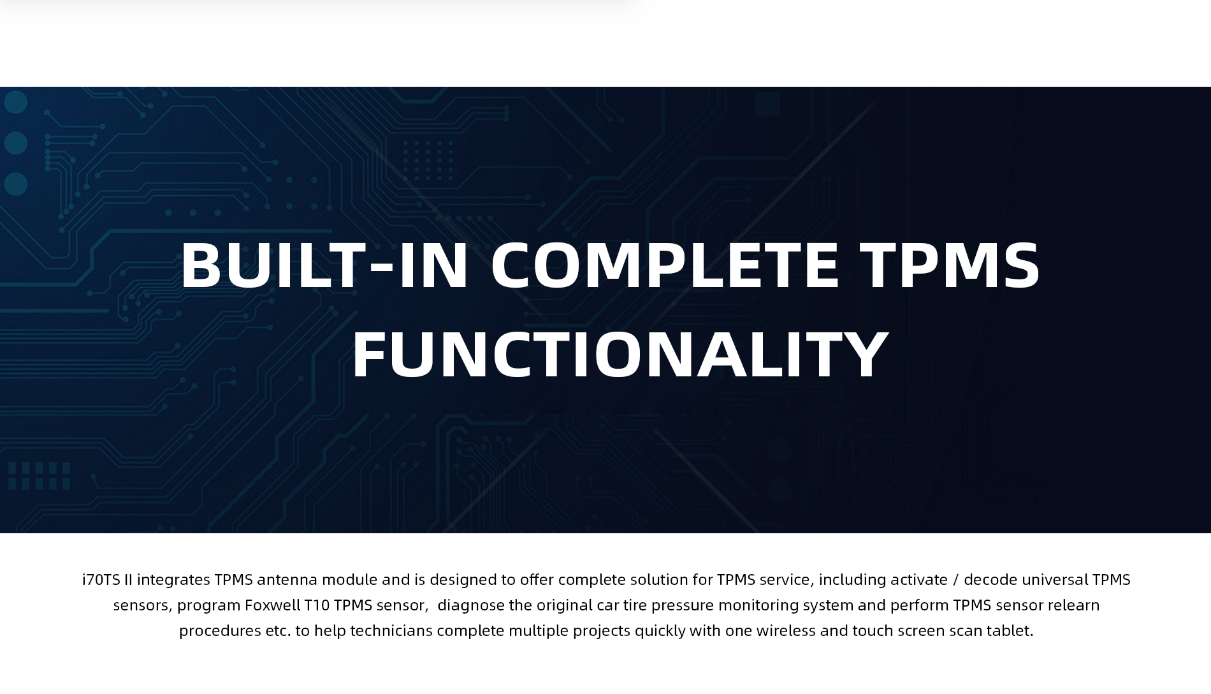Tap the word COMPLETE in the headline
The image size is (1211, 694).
665,264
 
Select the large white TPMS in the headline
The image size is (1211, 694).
950,264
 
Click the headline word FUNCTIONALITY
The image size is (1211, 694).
620,353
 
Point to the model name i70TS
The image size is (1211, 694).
101,579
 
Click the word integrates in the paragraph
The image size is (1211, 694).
173,580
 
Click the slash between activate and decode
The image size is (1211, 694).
955,580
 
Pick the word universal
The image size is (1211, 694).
1055,580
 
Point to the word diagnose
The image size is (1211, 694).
471,605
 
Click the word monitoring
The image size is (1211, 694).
758,605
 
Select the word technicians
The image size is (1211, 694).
391,630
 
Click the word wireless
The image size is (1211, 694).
786,630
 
